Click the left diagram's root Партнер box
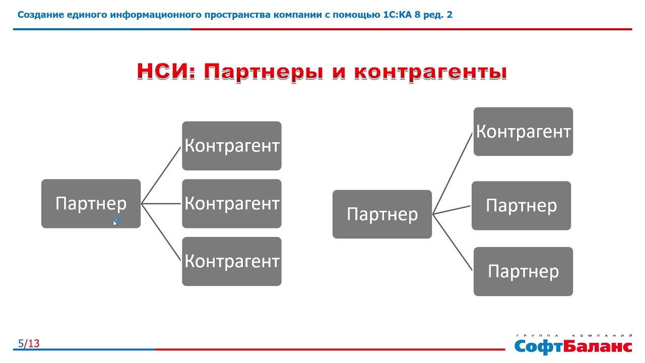91,204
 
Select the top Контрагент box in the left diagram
232,146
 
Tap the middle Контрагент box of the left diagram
232,204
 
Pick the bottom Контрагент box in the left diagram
232,262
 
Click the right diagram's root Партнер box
382,214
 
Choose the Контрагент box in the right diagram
523,132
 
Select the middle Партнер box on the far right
521,206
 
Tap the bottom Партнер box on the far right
523,271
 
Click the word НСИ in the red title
166,71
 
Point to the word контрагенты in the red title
430,72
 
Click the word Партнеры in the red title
264,72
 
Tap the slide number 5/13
29,343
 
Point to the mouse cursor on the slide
115,223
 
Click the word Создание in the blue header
41,15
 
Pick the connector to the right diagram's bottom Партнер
453,243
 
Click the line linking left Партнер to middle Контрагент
161,204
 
